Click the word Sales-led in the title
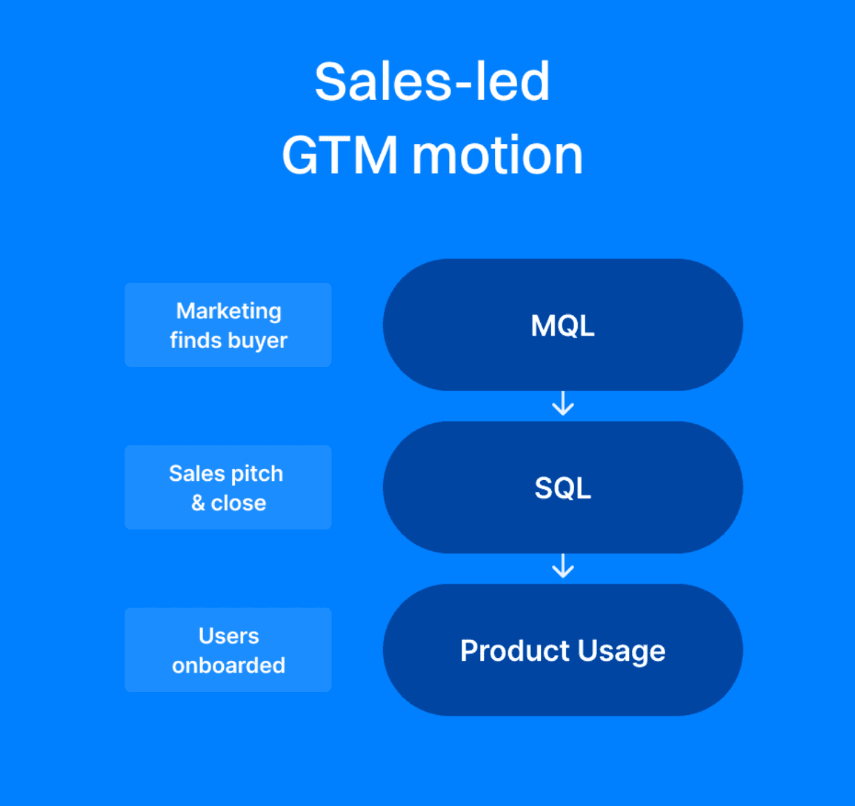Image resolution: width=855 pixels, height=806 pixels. pos(432,82)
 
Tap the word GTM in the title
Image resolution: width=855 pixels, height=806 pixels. pos(340,155)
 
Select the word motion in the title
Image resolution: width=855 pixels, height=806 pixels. pos(498,155)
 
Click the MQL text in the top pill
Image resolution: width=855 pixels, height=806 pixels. pos(562,326)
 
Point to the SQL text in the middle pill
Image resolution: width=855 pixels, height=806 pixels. pos(562,488)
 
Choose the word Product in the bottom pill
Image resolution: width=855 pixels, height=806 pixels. pos(515,651)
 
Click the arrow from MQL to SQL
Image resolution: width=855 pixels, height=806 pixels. pos(562,404)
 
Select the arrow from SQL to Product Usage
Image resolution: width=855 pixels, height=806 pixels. pos(562,566)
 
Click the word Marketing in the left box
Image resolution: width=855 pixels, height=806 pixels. pos(229,311)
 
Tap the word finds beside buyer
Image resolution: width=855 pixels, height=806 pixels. pos(195,340)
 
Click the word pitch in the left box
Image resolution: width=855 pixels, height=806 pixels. pos(257,475)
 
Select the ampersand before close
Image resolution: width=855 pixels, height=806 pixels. pos(198,503)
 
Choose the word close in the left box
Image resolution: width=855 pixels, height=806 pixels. pos(238,503)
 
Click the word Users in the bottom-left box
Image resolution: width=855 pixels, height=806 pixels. pos(229,636)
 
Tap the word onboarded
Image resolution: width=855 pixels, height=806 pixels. pos(229,666)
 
